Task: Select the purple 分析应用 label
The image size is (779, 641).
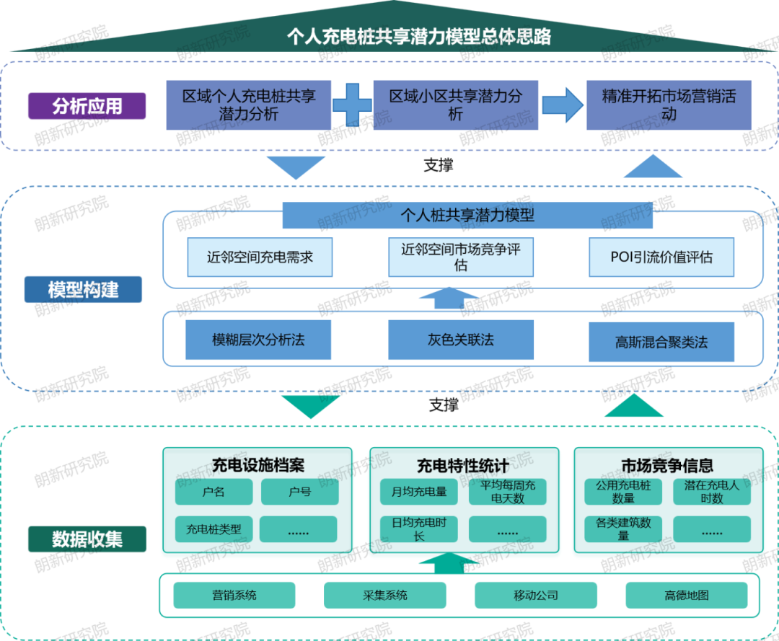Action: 87,106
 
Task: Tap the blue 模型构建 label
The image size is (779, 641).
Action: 83,290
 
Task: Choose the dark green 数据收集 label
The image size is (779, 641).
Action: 87,539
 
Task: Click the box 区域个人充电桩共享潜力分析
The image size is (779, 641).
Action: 248,105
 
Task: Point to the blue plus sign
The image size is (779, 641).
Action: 352,105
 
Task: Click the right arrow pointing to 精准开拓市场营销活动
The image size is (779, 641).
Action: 562,105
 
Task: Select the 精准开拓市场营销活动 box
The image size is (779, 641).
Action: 669,105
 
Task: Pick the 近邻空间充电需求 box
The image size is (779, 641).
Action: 260,257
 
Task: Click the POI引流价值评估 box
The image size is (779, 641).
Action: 661,257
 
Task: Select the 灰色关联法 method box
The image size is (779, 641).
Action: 461,340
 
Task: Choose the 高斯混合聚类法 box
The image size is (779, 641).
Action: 661,342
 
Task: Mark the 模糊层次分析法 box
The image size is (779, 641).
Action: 258,340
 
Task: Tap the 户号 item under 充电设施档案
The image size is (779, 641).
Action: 299,492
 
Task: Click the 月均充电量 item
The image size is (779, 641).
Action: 419,492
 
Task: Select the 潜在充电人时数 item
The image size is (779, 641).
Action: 712,492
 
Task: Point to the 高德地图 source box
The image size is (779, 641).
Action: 687,596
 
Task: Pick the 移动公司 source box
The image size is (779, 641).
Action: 536,596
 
